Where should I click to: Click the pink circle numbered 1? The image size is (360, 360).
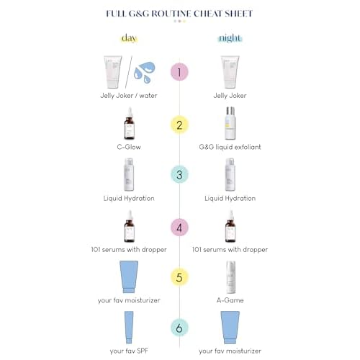[x=179, y=72]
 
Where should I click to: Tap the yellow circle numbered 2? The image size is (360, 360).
[x=179, y=125]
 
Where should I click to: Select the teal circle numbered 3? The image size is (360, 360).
[x=179, y=174]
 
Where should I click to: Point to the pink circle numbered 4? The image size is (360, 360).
[x=179, y=228]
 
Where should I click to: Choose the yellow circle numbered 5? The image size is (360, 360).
[x=179, y=277]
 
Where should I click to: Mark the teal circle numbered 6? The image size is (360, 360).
[x=179, y=328]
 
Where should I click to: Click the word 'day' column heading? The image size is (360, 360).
[x=129, y=38]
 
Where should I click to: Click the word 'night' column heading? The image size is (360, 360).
[x=230, y=38]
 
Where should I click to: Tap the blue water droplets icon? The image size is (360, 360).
[x=145, y=72]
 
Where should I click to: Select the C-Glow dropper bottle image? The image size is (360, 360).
[x=129, y=123]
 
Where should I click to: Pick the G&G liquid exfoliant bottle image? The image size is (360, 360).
[x=230, y=123]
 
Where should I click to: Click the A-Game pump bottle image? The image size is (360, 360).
[x=230, y=277]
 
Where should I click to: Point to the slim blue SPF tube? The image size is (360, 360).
[x=129, y=328]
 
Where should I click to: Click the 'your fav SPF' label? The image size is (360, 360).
[x=129, y=351]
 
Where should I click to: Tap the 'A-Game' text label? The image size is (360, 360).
[x=230, y=300]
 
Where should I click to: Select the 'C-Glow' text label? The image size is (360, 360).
[x=129, y=147]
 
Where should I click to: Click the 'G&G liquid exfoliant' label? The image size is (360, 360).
[x=230, y=147]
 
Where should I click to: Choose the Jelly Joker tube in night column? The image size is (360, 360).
[x=230, y=72]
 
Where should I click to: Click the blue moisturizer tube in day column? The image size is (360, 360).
[x=129, y=276]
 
